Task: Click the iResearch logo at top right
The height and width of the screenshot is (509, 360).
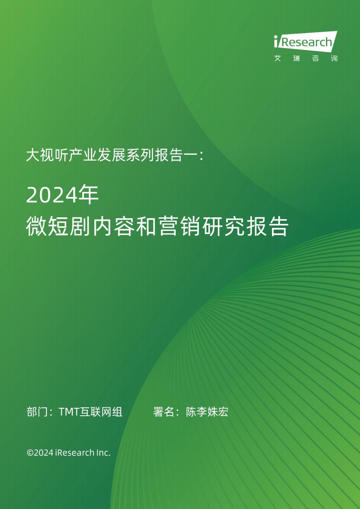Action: click(x=306, y=42)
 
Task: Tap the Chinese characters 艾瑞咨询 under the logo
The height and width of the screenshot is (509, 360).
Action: click(x=306, y=59)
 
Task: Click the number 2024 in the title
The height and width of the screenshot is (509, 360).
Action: click(x=52, y=195)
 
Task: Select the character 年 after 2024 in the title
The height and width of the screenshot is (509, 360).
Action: click(x=89, y=195)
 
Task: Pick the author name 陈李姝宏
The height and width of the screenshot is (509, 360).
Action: click(x=207, y=411)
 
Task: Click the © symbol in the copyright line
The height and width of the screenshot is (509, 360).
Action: click(x=30, y=452)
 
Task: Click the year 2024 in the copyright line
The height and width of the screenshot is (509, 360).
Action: click(x=44, y=452)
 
